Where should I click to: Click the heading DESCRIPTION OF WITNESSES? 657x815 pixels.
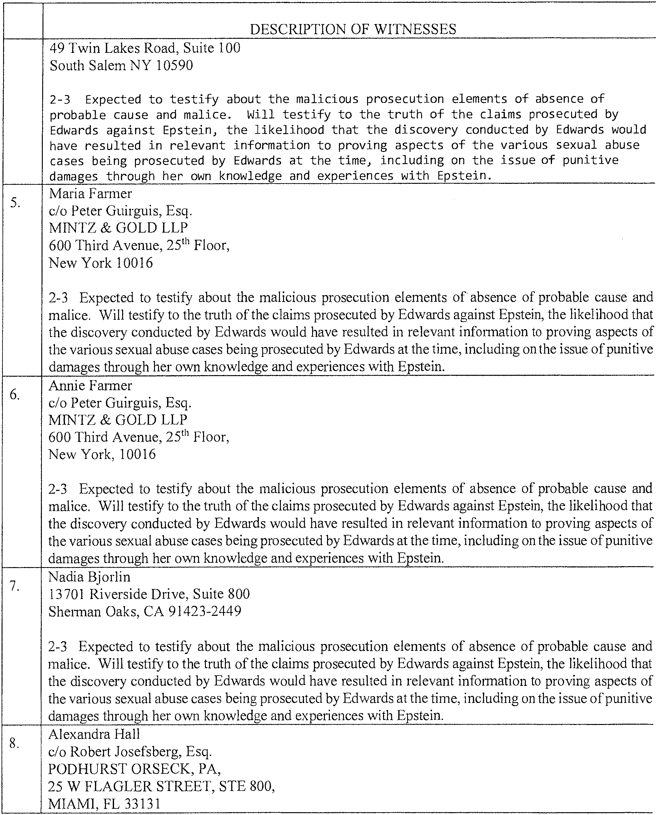coord(353,29)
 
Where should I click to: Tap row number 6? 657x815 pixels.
coord(15,394)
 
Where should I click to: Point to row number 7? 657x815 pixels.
coord(15,586)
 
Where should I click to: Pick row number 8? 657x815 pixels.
coord(14,743)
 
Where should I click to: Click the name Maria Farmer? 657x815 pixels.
coord(90,194)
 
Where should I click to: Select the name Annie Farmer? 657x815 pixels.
coord(90,385)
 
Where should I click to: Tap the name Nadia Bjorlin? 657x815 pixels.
coord(89,577)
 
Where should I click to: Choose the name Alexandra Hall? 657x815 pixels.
coord(94,734)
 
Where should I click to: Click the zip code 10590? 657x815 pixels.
coord(174,66)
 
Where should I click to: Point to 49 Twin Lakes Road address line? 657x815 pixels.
coord(145,48)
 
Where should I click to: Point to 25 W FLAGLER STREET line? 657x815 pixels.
coord(161,786)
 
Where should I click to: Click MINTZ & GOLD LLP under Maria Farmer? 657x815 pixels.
coord(118,228)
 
